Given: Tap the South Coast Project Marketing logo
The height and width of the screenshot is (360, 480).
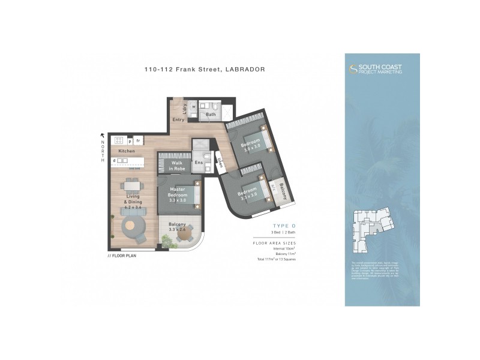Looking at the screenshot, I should tap(376, 69).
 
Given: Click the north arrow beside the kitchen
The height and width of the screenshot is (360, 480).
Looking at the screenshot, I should tap(103, 136).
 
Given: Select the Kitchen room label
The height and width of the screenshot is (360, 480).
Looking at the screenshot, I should tap(126, 151).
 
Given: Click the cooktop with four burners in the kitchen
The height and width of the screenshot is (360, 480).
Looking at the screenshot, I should tap(119, 140).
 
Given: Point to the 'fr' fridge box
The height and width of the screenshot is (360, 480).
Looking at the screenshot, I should tap(138, 140).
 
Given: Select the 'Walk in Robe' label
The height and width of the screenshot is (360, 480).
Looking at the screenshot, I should tap(177, 166).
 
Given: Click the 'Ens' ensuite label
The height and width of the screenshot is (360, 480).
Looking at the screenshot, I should tap(199, 163).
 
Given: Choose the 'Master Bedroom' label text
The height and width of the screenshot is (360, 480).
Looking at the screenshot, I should tap(178, 193).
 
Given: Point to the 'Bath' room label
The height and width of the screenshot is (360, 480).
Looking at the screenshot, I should tap(211, 114).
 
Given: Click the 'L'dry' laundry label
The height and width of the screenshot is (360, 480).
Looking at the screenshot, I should tap(184, 107).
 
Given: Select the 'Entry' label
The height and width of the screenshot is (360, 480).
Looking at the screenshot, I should tap(178, 120).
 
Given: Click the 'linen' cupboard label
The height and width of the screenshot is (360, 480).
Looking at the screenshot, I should tap(220, 162).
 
